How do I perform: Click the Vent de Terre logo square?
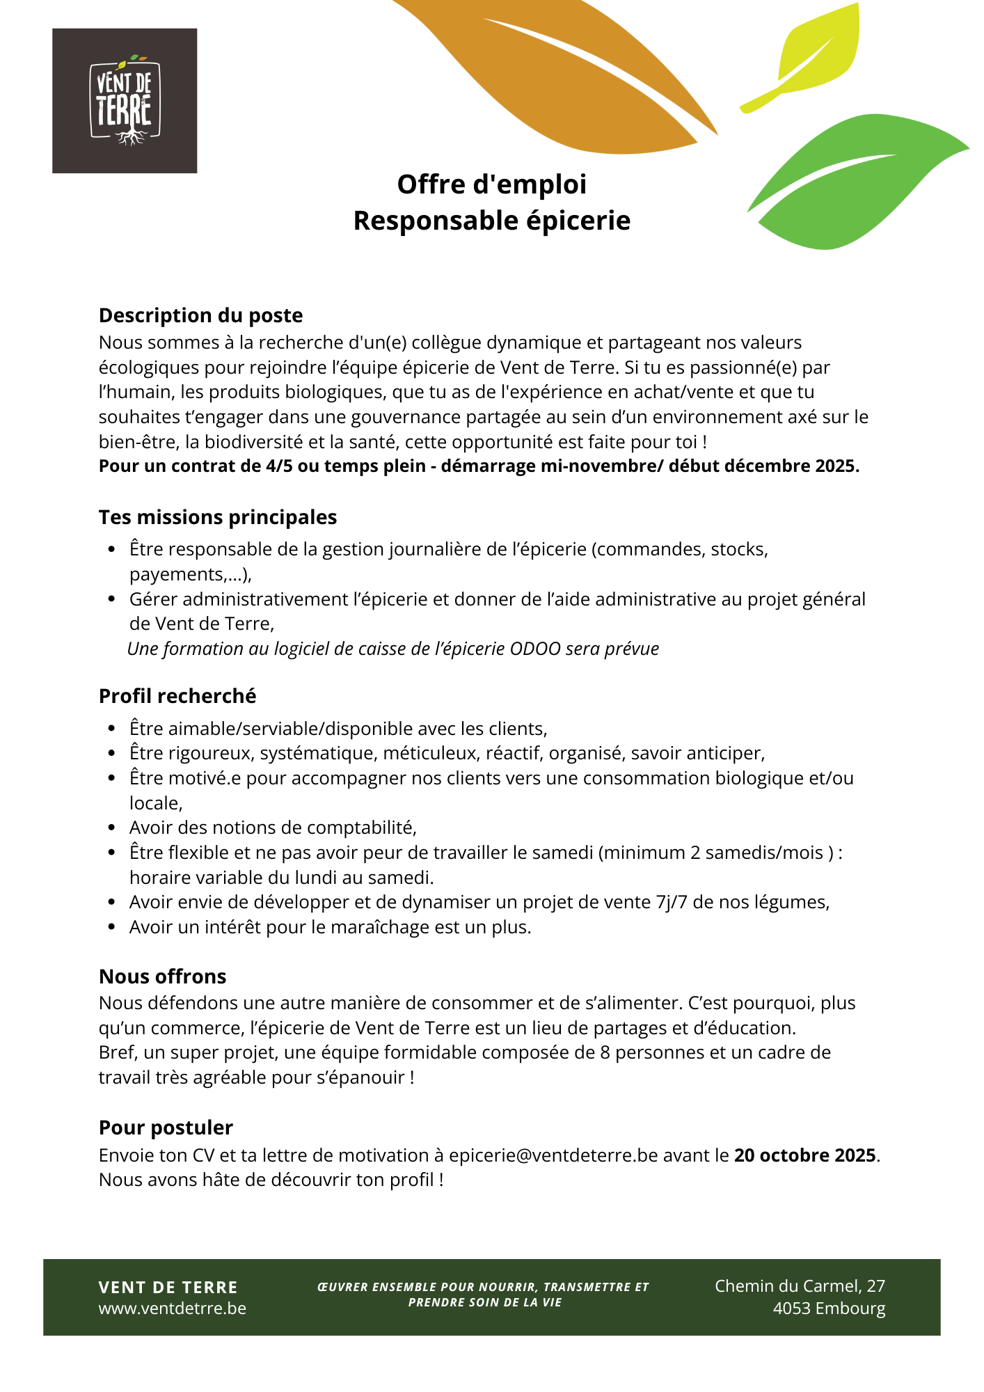[x=125, y=101]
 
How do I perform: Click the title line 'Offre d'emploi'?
[x=491, y=184]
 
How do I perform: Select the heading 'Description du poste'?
[x=200, y=315]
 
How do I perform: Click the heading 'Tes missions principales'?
[x=218, y=517]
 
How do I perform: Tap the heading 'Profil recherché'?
[x=177, y=696]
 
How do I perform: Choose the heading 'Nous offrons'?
[x=162, y=976]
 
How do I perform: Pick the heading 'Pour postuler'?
[x=166, y=1128]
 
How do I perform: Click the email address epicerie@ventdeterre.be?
[x=553, y=1155]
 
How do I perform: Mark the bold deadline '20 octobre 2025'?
[x=804, y=1155]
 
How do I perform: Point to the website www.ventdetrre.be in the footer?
[x=173, y=1308]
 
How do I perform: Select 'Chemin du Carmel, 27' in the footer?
[x=800, y=1286]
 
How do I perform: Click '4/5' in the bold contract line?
[x=279, y=466]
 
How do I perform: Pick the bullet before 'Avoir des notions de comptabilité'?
[x=111, y=828]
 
